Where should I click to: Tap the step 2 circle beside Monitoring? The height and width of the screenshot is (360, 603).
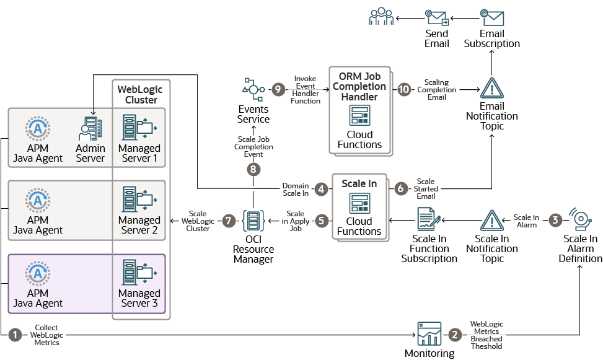click(455, 335)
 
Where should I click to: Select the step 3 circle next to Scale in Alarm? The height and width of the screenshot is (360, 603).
click(555, 220)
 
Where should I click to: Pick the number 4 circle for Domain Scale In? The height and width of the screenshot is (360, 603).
click(321, 189)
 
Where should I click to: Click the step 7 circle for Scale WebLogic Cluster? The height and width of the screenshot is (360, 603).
click(229, 220)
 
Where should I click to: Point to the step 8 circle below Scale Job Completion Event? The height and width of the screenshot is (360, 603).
click(253, 168)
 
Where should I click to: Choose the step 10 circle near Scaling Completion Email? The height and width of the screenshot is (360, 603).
click(404, 90)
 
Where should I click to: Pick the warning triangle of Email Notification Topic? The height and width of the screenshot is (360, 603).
click(492, 89)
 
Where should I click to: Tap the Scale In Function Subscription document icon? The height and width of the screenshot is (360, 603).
click(428, 220)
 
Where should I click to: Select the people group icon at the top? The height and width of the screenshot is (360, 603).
click(382, 16)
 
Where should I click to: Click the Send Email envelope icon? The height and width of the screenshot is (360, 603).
click(437, 16)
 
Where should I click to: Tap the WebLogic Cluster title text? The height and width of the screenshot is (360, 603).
click(141, 95)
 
